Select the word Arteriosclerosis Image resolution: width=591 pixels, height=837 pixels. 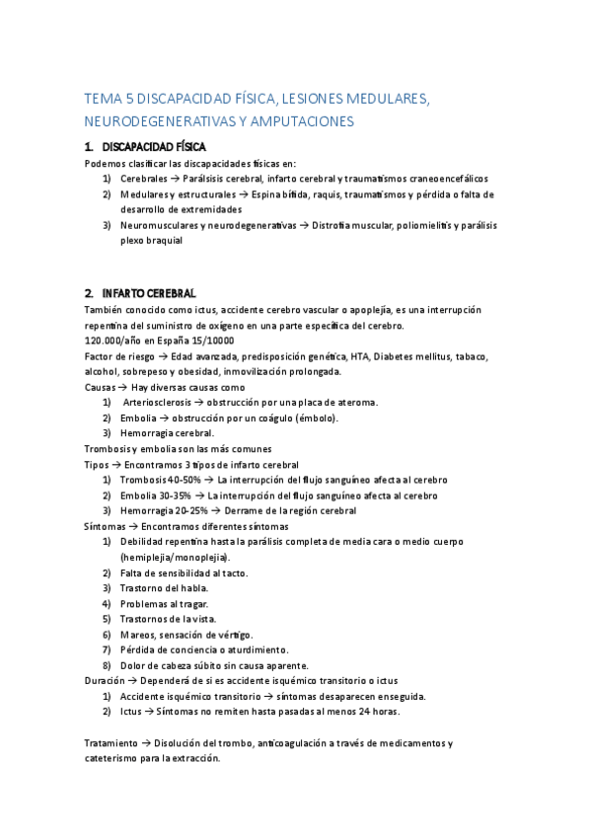(160, 402)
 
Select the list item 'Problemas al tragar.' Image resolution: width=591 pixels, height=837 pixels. (165, 603)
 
